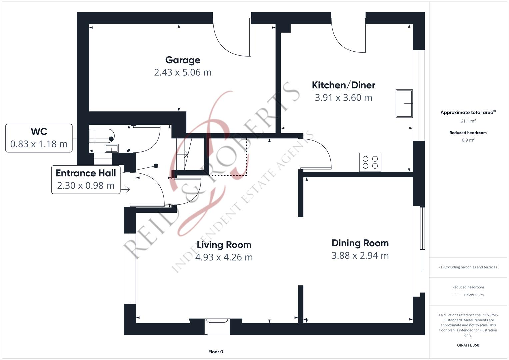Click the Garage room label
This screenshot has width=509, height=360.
click(x=183, y=60)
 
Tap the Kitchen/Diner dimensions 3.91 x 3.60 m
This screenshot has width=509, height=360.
click(x=343, y=98)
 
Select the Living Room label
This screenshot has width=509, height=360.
click(x=224, y=245)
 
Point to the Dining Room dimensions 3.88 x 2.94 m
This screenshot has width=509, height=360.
click(x=360, y=256)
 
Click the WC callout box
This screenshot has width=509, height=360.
click(x=39, y=138)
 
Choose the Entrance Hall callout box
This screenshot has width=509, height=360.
click(x=86, y=179)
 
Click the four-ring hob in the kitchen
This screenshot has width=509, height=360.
click(x=370, y=162)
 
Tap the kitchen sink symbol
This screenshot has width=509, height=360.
click(x=404, y=103)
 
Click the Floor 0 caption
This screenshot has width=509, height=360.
click(x=216, y=352)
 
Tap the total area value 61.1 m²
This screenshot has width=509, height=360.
click(x=468, y=121)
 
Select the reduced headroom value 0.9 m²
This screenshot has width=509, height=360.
click(x=468, y=140)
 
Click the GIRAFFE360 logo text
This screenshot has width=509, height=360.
click(x=468, y=345)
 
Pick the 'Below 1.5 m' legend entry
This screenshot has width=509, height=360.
click(x=473, y=295)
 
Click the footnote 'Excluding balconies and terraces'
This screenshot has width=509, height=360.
click(x=468, y=267)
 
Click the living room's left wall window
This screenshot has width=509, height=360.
click(x=130, y=268)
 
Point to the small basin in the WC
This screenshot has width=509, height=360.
click(x=111, y=148)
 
